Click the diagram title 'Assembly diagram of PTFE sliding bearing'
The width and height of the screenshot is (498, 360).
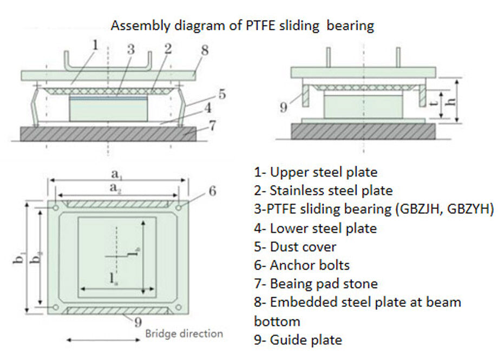242,25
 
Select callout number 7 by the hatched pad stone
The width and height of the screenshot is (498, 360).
213,126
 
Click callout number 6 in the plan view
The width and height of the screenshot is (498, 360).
212,191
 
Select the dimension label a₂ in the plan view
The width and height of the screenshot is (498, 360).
115,187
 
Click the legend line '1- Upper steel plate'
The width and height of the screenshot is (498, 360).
316,172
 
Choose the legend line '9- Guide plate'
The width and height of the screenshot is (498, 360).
298,340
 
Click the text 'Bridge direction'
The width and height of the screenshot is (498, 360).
184,333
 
